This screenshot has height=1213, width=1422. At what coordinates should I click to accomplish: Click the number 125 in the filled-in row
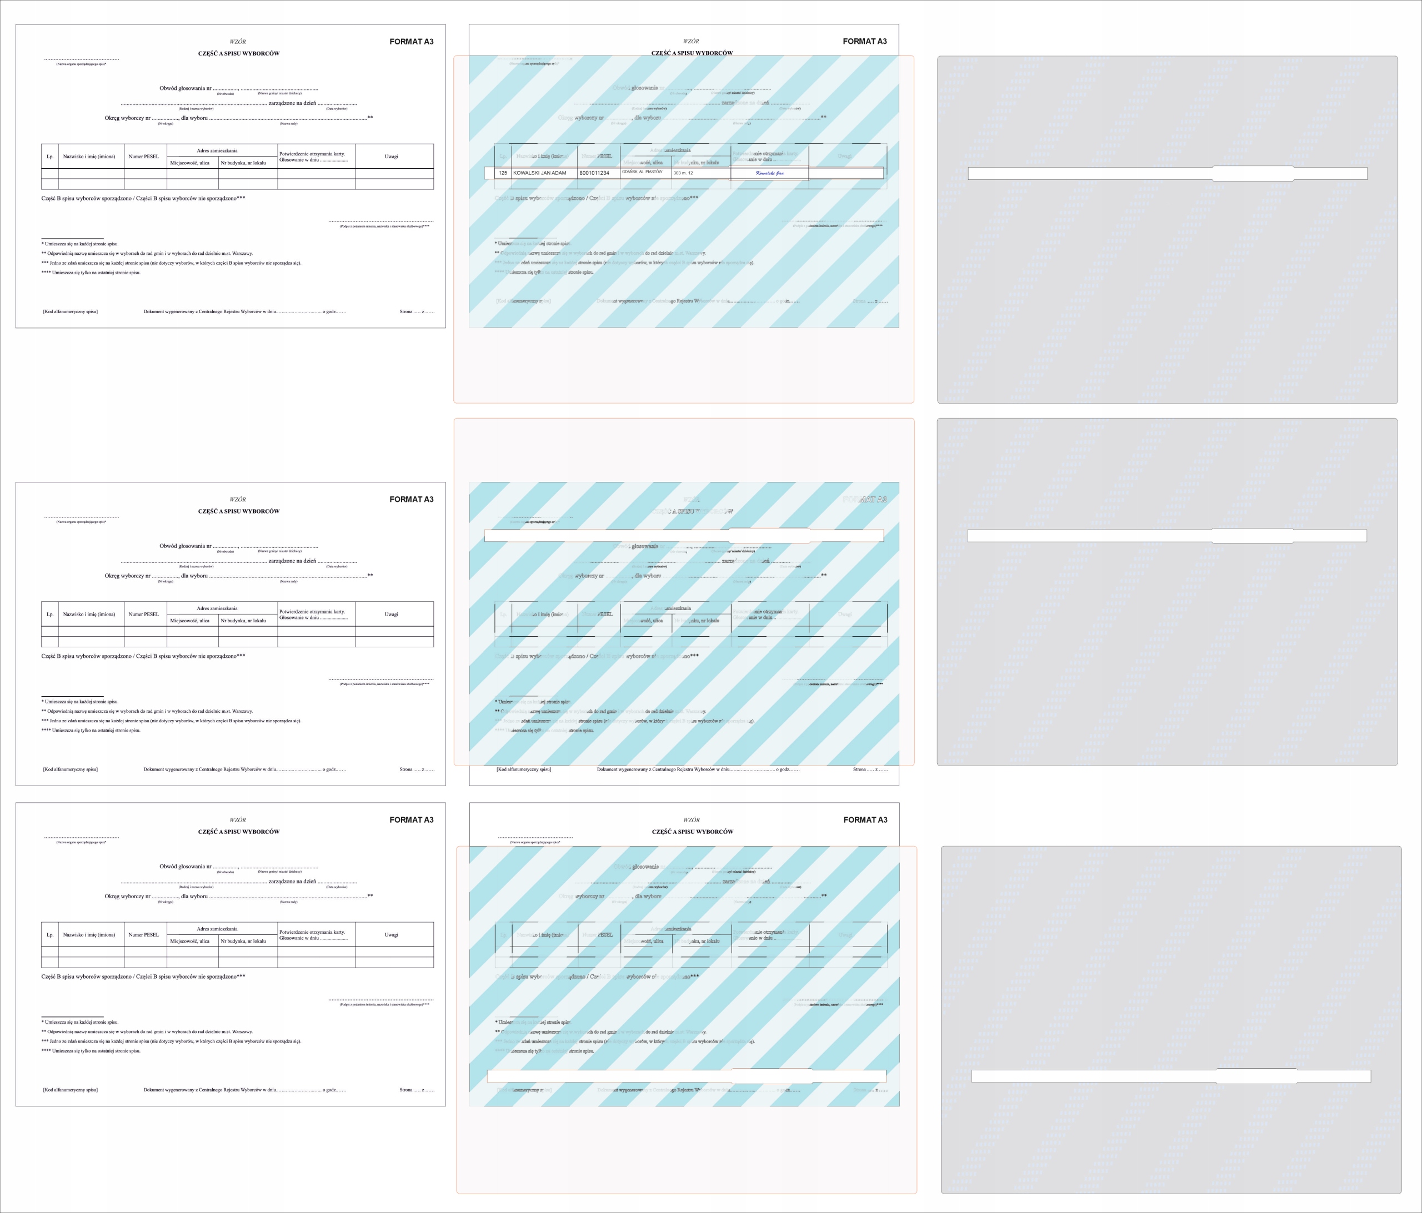point(503,173)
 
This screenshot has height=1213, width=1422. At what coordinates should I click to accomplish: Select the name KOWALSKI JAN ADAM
point(540,173)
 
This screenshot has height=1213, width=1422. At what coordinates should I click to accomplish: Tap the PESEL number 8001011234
point(594,173)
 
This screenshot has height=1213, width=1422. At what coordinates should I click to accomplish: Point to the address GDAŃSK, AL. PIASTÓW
point(642,172)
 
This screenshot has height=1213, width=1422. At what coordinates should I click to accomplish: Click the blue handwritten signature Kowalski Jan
point(769,173)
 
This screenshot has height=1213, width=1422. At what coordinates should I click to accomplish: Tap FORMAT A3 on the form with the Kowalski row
point(865,41)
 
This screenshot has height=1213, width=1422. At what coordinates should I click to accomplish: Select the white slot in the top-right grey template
point(1166,173)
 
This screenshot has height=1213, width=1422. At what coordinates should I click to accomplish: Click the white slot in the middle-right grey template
point(1166,535)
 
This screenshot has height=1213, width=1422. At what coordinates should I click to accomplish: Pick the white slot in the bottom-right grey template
point(1171,1076)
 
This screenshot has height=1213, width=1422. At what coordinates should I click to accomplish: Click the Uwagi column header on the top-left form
point(391,157)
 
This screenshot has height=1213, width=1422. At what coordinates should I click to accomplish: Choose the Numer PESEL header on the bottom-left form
point(143,934)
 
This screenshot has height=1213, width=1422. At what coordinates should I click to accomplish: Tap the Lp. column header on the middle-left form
point(50,614)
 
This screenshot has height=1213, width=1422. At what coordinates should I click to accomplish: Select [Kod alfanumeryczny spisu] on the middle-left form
point(70,769)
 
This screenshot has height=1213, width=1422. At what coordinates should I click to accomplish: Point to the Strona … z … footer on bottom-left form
point(417,1090)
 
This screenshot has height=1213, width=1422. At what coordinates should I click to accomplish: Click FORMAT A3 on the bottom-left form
point(412,820)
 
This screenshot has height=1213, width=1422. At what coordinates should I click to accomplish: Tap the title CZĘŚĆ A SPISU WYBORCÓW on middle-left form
point(239,511)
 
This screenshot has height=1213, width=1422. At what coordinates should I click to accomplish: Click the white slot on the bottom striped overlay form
point(687,1076)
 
